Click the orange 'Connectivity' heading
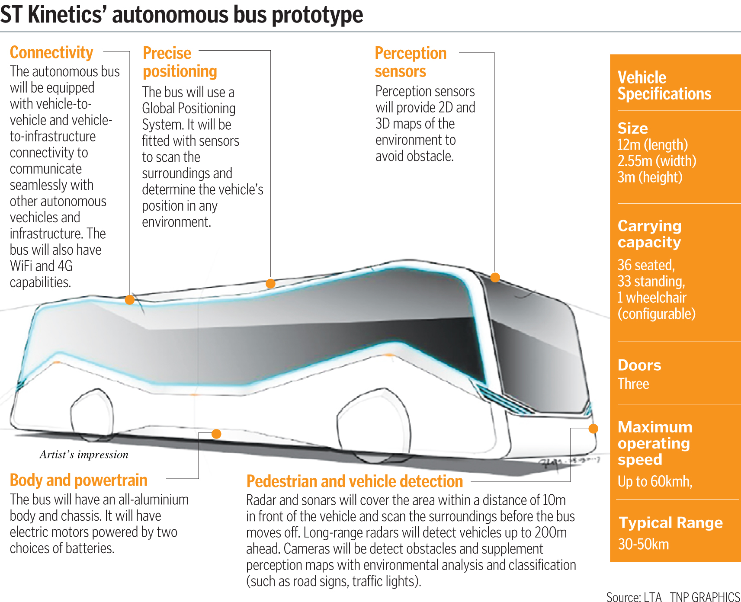(x=51, y=53)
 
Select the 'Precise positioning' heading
(x=180, y=62)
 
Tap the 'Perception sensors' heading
(x=410, y=62)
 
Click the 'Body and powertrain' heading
(x=78, y=480)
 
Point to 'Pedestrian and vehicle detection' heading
(x=354, y=481)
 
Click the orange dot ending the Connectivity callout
(x=129, y=300)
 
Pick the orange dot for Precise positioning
(x=270, y=284)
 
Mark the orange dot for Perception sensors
(x=495, y=278)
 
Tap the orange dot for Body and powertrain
(x=216, y=434)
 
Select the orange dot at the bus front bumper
(x=593, y=429)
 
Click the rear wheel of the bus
(x=92, y=415)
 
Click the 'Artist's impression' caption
(x=84, y=455)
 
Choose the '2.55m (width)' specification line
(x=657, y=161)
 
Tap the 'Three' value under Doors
(x=633, y=384)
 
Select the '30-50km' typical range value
(x=643, y=544)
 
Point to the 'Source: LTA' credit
(x=634, y=597)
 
